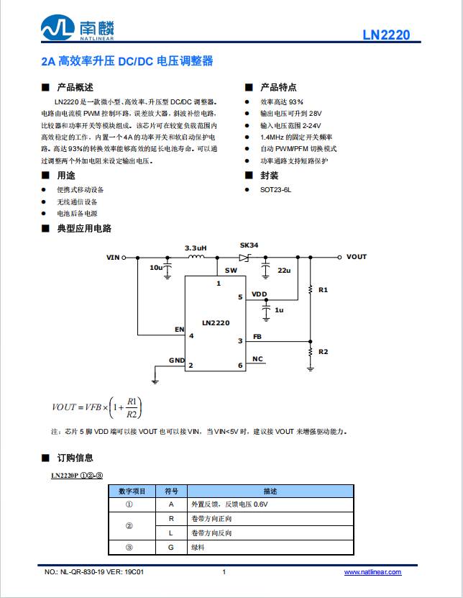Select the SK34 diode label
coord(249,245)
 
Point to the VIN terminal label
coord(113,257)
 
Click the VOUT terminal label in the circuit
coord(356,257)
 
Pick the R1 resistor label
coord(323,289)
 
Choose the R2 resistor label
coord(323,351)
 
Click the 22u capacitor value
coord(283,270)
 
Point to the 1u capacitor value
coord(279,309)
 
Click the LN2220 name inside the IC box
coord(216,323)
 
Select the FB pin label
coord(257,337)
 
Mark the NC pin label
coord(257,359)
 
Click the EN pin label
coord(179,330)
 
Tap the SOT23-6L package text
coord(276,190)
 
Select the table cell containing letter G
coord(171,547)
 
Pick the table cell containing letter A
coord(171,504)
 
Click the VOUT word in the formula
coord(64,407)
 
